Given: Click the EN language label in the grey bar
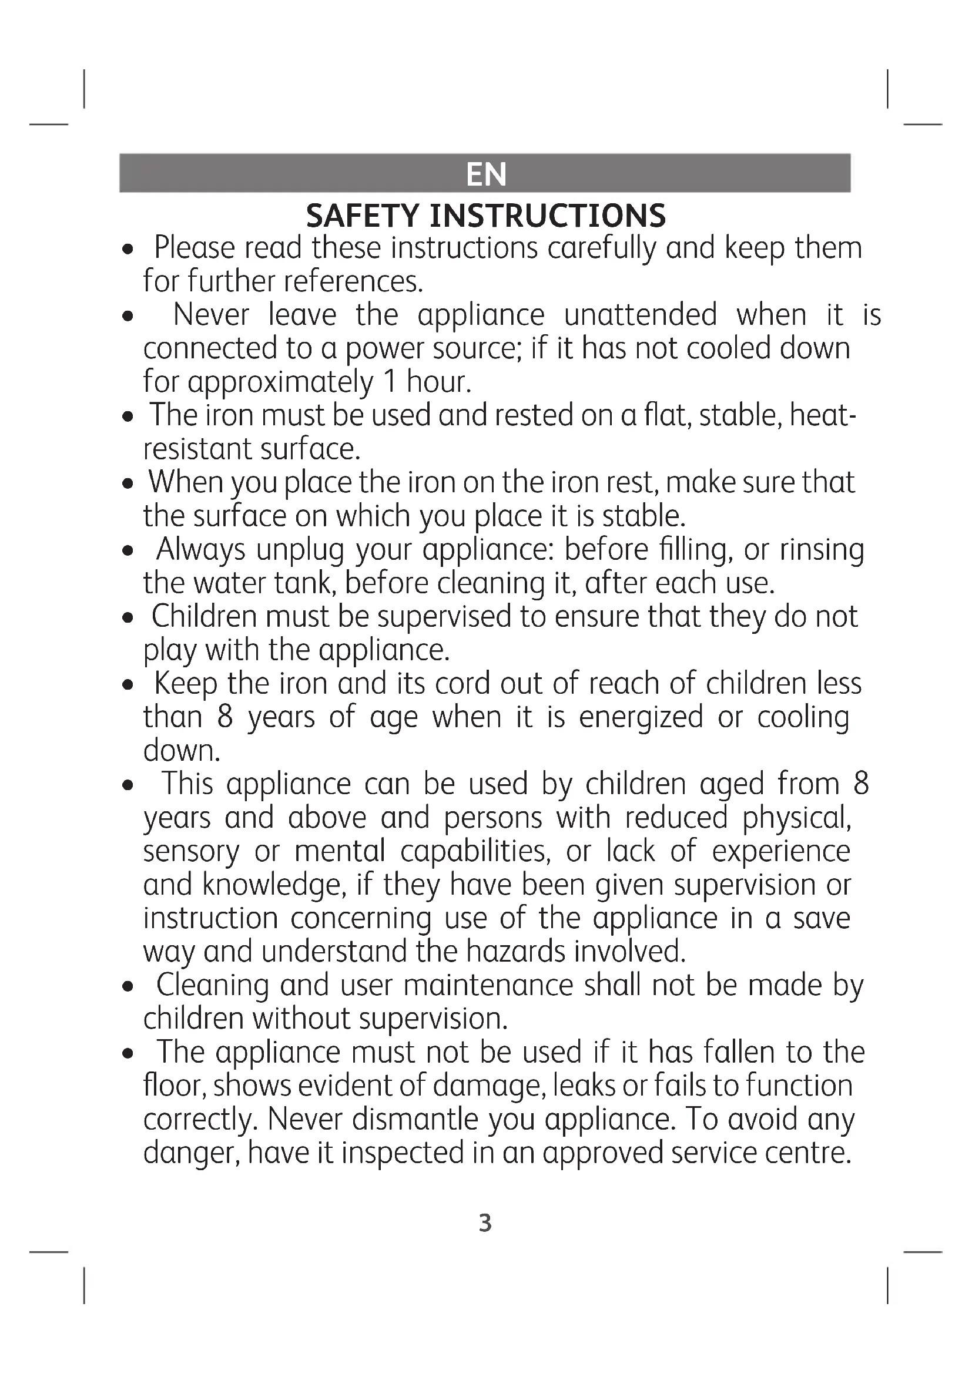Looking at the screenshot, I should pos(485,174).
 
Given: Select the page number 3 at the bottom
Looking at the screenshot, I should pos(485,1223).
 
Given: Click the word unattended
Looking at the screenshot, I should pos(640,315).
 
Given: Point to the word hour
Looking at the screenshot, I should pos(438,382).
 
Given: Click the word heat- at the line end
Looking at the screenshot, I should pos(823,415).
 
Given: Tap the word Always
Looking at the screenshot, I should pos(200,550).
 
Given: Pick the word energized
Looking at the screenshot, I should pos(641,717).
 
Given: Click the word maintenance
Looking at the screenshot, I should pos(488,985).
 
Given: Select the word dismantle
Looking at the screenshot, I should pos(415,1119).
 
